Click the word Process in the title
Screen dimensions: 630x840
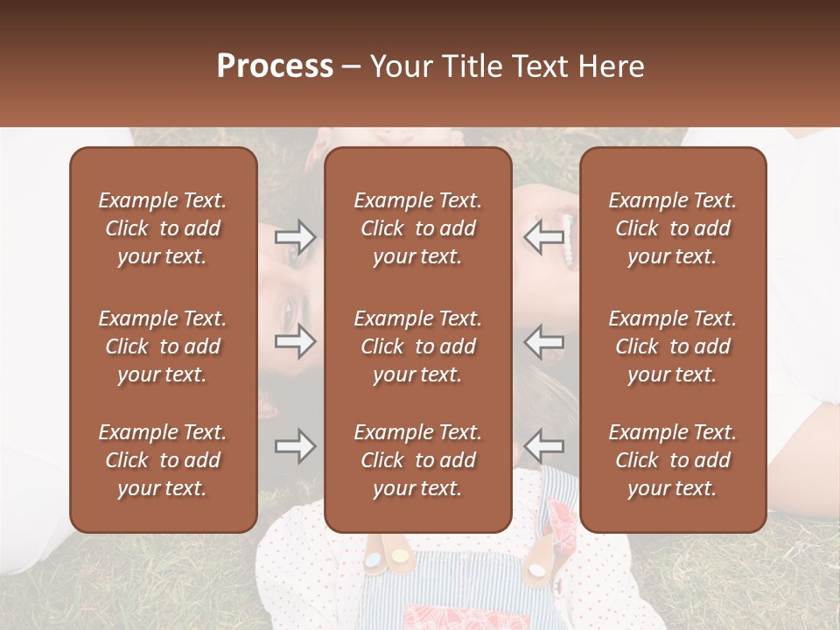pos(275,66)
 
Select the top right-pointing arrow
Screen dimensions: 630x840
pos(296,236)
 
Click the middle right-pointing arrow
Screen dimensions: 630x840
pos(296,341)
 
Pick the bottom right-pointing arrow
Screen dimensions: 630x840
pos(296,446)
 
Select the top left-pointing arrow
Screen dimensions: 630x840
pos(543,236)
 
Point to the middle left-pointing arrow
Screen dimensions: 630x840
pos(543,341)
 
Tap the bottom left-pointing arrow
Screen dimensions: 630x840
pos(543,446)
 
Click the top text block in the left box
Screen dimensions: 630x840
pos(162,228)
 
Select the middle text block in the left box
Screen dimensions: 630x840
pos(162,346)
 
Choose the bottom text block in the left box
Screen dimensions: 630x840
pos(162,460)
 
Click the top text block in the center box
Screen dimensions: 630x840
pos(417,228)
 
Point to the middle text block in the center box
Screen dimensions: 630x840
pos(417,346)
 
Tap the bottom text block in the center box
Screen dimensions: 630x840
pos(417,460)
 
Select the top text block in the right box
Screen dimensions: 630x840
pos(672,228)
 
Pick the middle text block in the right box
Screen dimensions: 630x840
pos(672,346)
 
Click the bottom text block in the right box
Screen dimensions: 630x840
pos(672,460)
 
